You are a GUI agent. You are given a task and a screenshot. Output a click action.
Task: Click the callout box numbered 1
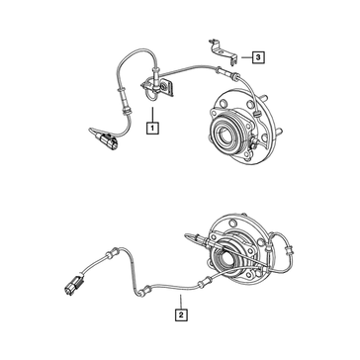[x=152, y=128]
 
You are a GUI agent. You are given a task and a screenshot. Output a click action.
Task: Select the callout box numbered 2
[x=181, y=315]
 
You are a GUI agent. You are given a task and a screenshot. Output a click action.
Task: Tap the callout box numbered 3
[x=258, y=57]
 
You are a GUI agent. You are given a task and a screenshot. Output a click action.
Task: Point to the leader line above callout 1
[x=152, y=115]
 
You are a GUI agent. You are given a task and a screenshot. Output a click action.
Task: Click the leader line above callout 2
[x=181, y=302]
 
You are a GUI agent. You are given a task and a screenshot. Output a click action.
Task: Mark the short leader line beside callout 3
[x=246, y=57]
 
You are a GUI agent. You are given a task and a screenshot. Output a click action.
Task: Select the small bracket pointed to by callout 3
[x=224, y=51]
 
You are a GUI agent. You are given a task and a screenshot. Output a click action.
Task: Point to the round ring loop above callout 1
[x=152, y=96]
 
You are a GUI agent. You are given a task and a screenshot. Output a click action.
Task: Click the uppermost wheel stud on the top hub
[x=264, y=98]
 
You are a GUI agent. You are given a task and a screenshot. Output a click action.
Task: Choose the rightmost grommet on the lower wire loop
[x=289, y=250]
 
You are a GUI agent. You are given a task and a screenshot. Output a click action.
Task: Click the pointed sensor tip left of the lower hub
[x=190, y=235]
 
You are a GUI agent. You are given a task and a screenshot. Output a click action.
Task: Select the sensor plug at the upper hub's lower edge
[x=253, y=143]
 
